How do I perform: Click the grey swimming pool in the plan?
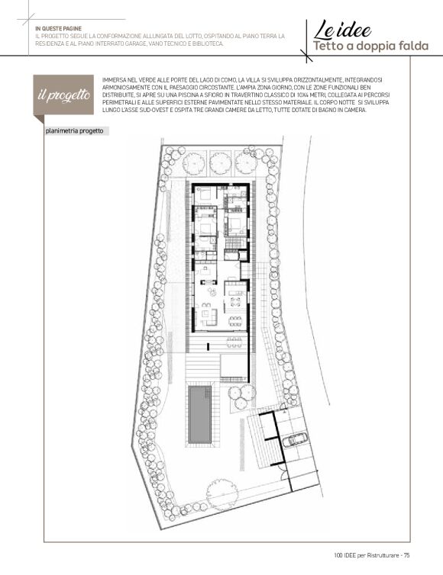pyautogui.click(x=200, y=414)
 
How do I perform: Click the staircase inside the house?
pyautogui.click(x=235, y=243)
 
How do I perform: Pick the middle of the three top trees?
pyautogui.click(x=221, y=162)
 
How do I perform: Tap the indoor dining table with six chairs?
pyautogui.click(x=235, y=321)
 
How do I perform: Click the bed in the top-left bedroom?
pyautogui.click(x=203, y=195)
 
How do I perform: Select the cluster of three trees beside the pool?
pyautogui.click(x=241, y=396)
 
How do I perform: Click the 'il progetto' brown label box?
pyautogui.click(x=63, y=95)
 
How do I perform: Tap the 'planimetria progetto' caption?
pyautogui.click(x=75, y=131)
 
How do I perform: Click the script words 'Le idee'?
pyautogui.click(x=342, y=31)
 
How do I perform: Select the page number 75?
pyautogui.click(x=406, y=555)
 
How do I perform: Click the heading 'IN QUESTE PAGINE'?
pyautogui.click(x=58, y=29)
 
